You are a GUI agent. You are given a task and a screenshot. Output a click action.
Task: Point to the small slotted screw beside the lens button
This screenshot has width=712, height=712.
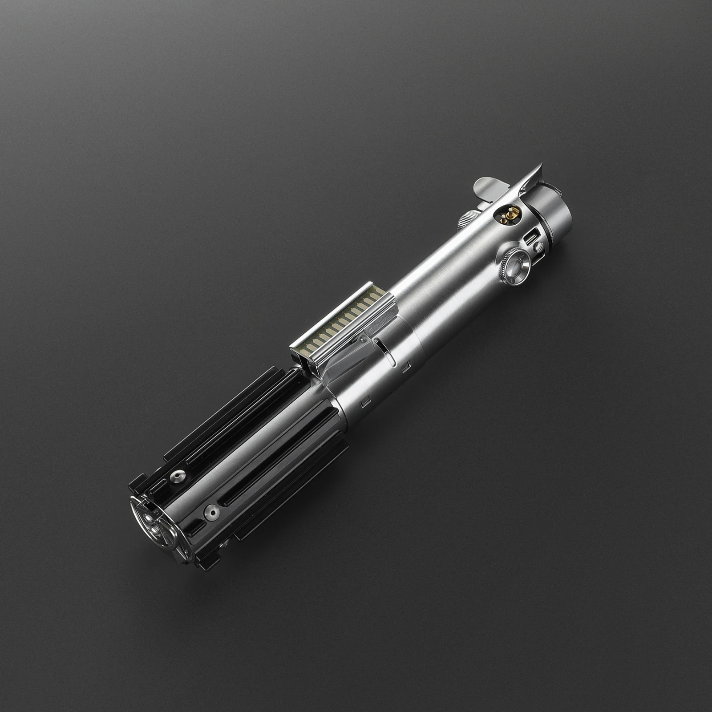coord(538,246)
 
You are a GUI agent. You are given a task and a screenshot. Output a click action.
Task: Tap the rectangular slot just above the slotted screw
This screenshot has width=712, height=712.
coord(530,238)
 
